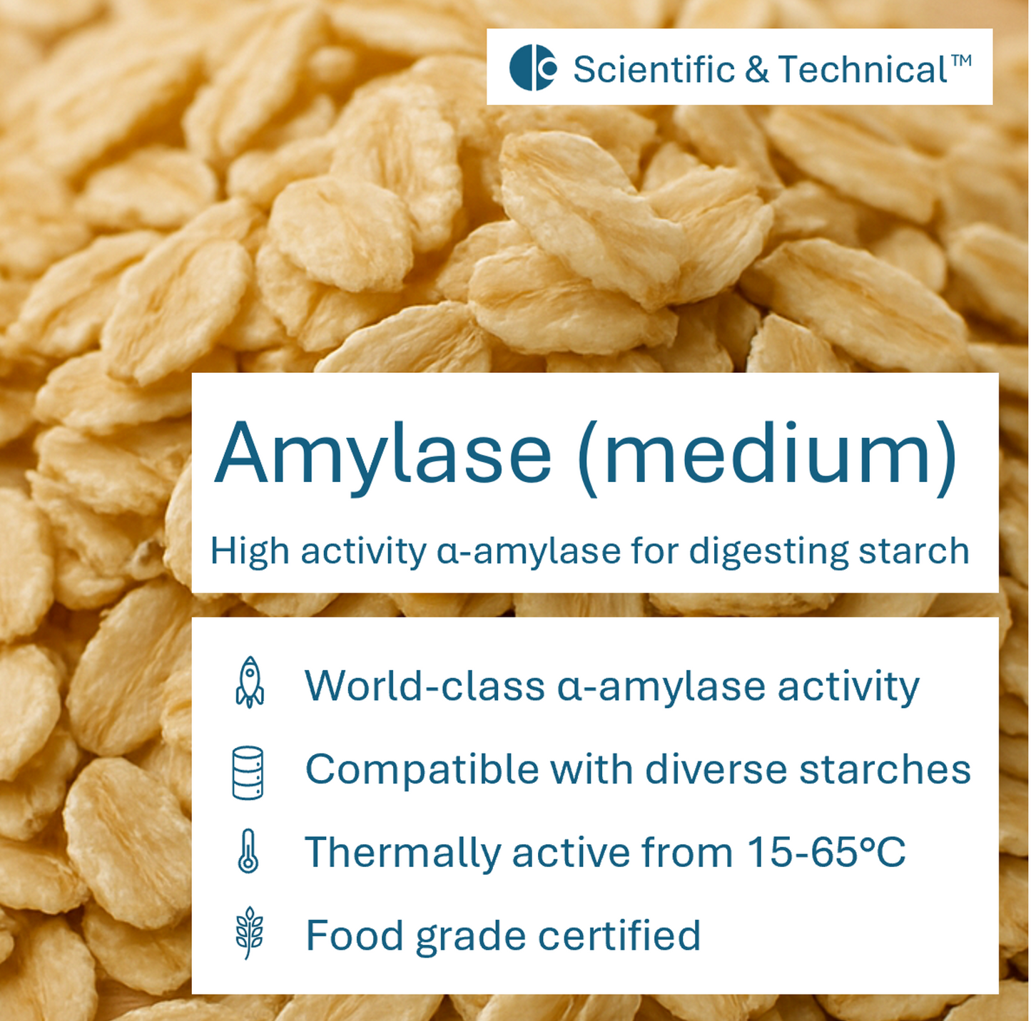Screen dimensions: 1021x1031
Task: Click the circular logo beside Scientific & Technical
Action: [532, 68]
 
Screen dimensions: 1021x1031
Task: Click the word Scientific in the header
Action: [654, 69]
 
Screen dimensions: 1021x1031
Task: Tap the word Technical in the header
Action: [863, 69]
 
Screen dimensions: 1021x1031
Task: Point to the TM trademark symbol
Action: [961, 60]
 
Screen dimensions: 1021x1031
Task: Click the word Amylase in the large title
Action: [384, 454]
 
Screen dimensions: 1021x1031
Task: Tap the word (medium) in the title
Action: [766, 456]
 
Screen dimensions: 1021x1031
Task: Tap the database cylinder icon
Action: [248, 772]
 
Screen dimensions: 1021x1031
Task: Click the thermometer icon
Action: [248, 851]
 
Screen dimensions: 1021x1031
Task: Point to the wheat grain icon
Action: [249, 933]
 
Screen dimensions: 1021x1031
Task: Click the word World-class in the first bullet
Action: [425, 686]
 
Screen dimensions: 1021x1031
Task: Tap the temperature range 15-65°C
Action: [826, 852]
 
